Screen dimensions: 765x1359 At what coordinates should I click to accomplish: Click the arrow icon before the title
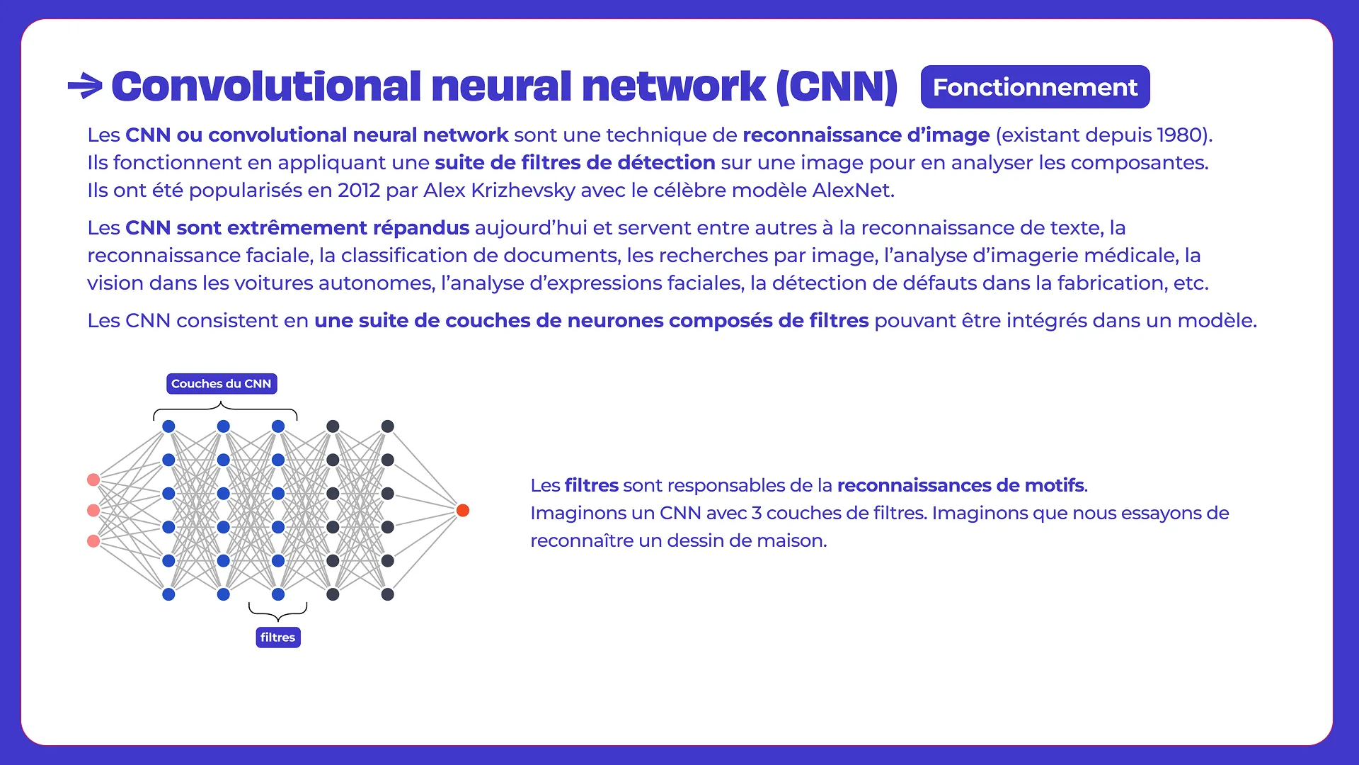[x=85, y=86]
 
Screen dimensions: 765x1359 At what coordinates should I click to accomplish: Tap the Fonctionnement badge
[x=1035, y=87]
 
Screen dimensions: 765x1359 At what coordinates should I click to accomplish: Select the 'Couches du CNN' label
[x=222, y=384]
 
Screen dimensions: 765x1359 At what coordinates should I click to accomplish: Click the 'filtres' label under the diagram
[x=277, y=637]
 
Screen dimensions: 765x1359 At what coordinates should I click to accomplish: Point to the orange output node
[x=463, y=511]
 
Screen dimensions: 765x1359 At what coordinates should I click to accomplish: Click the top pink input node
[x=93, y=480]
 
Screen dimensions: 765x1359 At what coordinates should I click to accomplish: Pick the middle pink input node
[x=93, y=511]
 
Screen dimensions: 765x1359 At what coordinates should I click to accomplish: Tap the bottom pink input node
[x=93, y=541]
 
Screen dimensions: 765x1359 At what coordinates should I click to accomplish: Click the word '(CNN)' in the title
[x=837, y=86]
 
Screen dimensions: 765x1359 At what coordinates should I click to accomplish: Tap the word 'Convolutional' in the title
[x=266, y=86]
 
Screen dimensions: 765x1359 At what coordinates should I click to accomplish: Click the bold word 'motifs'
[x=1057, y=486]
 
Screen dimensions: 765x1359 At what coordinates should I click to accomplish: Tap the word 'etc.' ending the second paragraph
[x=1191, y=283]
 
